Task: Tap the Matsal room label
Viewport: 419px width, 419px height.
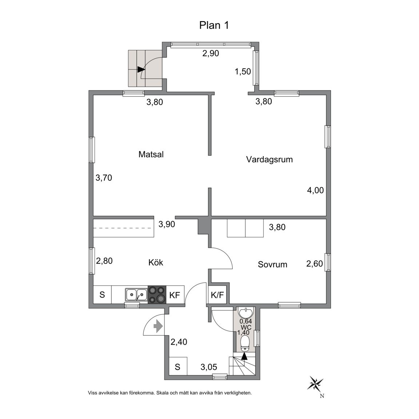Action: (151, 154)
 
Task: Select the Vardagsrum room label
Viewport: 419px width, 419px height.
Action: (269, 159)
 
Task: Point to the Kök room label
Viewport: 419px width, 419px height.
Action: (156, 262)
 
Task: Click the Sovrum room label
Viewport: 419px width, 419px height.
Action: (272, 264)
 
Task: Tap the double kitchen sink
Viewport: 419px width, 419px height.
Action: (136, 294)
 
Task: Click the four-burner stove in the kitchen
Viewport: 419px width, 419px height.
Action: (157, 294)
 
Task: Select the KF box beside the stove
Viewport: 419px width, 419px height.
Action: (175, 295)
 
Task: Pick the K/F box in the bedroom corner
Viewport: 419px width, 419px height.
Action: (218, 295)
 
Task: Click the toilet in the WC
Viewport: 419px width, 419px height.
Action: (245, 342)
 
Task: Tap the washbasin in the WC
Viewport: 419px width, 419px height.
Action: (246, 312)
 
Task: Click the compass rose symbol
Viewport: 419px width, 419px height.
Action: (316, 383)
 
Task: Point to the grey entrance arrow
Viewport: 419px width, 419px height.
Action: (158, 326)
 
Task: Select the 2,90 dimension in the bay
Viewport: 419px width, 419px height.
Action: (211, 53)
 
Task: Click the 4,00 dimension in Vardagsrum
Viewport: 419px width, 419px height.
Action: (315, 190)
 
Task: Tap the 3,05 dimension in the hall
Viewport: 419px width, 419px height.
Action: (209, 367)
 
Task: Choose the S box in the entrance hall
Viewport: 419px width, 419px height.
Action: (177, 367)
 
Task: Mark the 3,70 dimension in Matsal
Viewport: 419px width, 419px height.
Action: (103, 178)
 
